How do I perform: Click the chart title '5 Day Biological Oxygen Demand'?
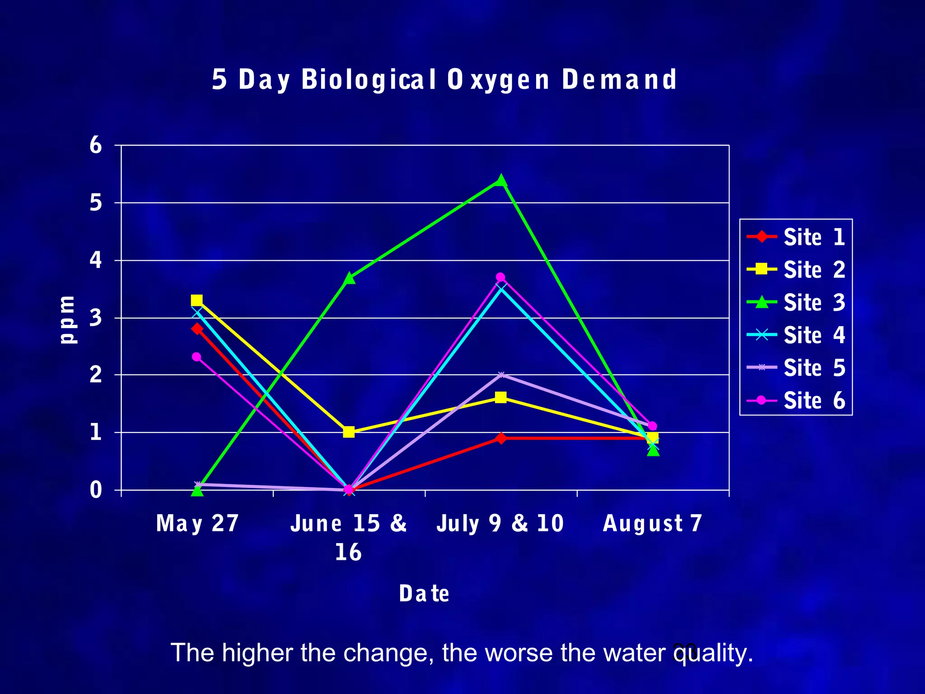click(x=444, y=80)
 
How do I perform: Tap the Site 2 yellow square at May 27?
click(x=196, y=300)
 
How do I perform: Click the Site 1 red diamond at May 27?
click(x=197, y=328)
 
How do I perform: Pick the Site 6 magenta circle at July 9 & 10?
click(x=500, y=277)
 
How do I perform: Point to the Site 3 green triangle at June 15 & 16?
click(x=349, y=278)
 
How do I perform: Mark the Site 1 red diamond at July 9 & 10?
click(x=500, y=438)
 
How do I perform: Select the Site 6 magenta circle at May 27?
click(x=196, y=357)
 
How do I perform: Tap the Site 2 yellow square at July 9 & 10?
click(x=500, y=398)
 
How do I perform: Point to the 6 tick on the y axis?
click(x=96, y=145)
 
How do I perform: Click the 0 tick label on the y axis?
click(x=96, y=490)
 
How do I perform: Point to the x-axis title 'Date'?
click(x=424, y=594)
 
